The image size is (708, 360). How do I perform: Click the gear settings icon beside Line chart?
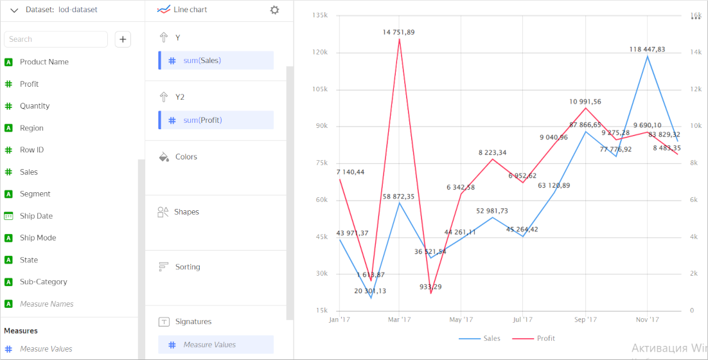click(275, 10)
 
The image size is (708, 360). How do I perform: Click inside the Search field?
click(56, 39)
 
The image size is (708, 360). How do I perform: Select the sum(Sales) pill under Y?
click(216, 60)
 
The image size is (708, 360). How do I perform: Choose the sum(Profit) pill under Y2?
click(216, 120)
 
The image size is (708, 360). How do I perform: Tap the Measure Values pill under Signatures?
click(216, 345)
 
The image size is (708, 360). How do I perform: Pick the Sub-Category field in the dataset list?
click(43, 282)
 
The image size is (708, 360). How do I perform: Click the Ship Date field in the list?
click(36, 216)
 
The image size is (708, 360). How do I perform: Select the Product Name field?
click(44, 62)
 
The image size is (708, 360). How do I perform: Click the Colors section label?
click(186, 157)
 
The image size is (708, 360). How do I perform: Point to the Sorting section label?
click(187, 267)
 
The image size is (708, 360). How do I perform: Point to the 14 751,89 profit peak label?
click(398, 32)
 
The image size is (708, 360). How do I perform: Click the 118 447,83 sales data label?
click(647, 50)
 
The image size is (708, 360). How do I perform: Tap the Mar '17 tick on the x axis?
click(399, 319)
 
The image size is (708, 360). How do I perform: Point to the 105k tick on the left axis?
click(319, 89)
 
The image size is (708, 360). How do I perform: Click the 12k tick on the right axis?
click(696, 89)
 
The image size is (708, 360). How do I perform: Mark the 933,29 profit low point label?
click(431, 287)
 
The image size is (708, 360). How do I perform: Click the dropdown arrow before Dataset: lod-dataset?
click(14, 10)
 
